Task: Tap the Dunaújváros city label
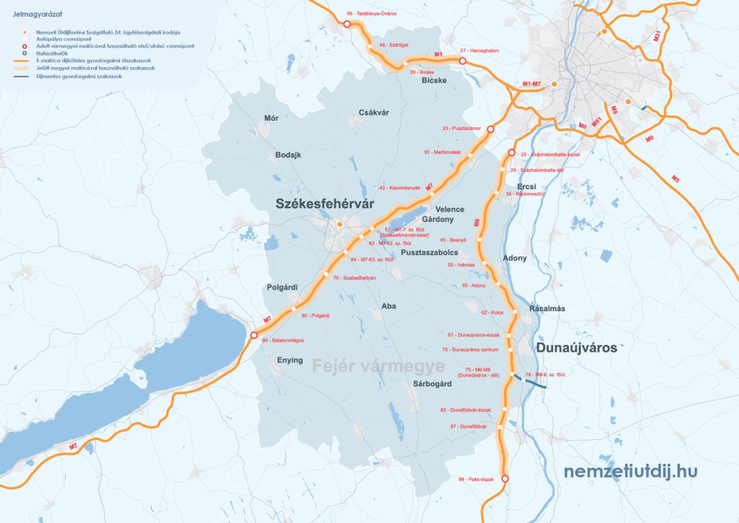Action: (577, 347)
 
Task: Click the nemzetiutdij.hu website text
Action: (631, 471)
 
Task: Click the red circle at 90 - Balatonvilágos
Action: (253, 335)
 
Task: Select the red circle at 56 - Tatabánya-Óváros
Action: (346, 24)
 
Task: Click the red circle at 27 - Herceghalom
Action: (463, 62)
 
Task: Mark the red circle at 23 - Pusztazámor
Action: (490, 129)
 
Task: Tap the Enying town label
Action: (290, 360)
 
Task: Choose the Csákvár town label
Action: (374, 112)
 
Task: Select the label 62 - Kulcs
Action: (491, 313)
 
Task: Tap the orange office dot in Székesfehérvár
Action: (339, 225)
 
